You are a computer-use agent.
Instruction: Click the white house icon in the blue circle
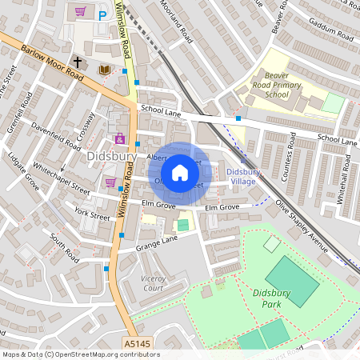[x=180, y=171]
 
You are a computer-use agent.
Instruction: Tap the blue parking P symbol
[x=102, y=14]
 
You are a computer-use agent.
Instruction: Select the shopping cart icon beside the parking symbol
[x=80, y=12]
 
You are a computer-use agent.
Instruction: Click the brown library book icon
[x=103, y=70]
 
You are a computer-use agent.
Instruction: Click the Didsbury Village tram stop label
[x=241, y=177]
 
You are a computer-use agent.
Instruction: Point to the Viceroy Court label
[x=152, y=283]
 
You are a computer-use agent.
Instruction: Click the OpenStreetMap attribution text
[x=81, y=354]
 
